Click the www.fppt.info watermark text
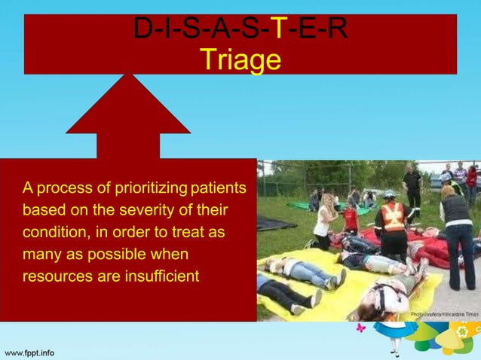[29, 352]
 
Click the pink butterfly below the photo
[360, 328]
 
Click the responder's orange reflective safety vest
[392, 217]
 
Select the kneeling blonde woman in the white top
[325, 219]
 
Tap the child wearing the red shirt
[350, 218]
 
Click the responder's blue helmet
[390, 194]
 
